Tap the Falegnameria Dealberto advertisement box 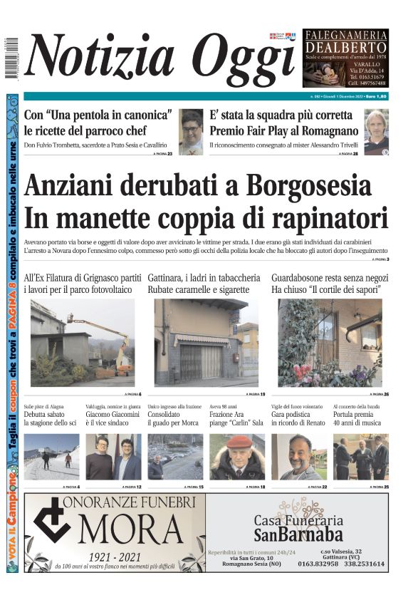345,58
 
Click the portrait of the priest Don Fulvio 190,132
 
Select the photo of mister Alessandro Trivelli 376,132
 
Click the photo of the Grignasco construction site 83,342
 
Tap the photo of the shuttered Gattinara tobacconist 206,342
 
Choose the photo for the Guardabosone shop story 330,342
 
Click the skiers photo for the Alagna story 51,457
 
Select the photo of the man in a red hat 237,457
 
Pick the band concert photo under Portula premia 360,457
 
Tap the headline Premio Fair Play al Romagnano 283,130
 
